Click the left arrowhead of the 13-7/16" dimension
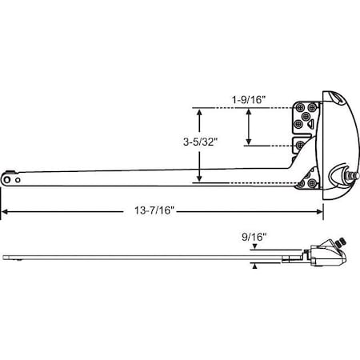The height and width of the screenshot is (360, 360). pyautogui.click(x=4, y=211)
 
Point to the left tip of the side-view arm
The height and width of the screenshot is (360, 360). pyautogui.click(x=5, y=257)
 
